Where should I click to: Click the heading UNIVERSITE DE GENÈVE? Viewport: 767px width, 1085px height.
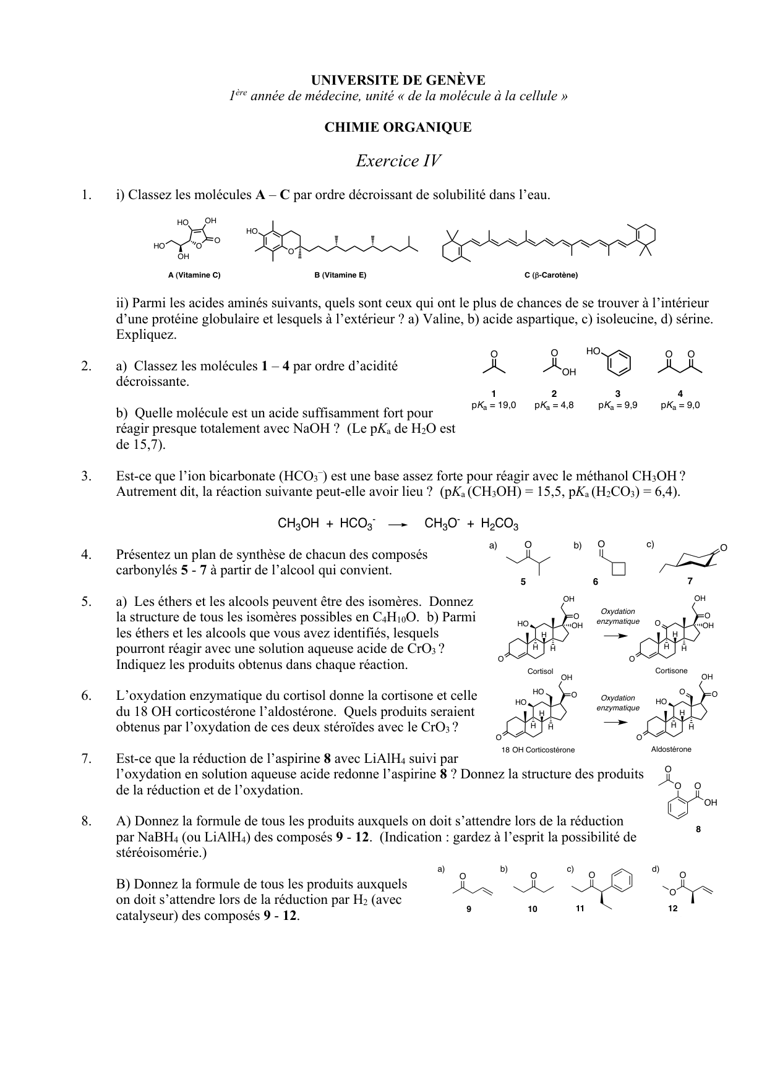point(398,80)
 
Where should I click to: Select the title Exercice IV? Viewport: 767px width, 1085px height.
point(398,161)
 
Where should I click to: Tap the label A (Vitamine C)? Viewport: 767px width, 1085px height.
point(194,275)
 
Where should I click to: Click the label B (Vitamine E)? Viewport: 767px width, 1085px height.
point(340,275)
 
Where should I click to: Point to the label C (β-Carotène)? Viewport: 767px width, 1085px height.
point(551,275)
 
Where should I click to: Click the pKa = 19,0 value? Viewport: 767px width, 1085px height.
point(494,406)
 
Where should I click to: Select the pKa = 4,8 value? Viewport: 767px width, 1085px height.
point(554,406)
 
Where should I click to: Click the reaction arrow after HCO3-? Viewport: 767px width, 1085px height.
point(397,525)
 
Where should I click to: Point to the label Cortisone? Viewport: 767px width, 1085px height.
point(671,671)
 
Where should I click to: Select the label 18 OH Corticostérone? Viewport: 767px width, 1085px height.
point(538,750)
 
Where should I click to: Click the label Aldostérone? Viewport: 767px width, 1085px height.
point(671,749)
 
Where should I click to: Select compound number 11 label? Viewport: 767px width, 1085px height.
point(580,908)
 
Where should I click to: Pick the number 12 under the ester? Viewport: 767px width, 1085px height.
point(673,908)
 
